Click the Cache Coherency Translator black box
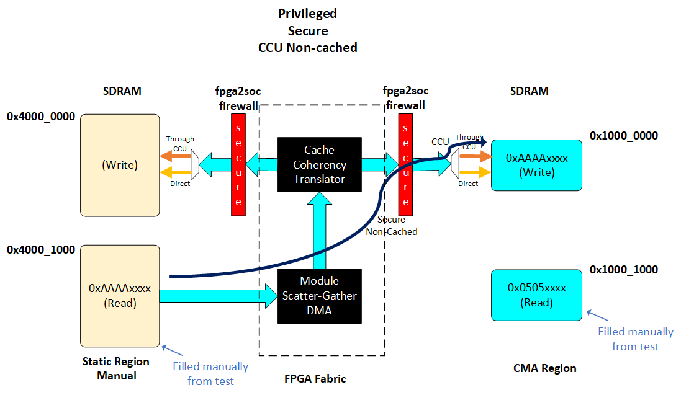(319, 164)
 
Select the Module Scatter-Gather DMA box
(319, 296)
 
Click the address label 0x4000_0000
(41, 117)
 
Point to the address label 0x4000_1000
(41, 250)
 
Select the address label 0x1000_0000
(624, 136)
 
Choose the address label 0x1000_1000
(624, 270)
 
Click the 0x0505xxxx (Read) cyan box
(536, 295)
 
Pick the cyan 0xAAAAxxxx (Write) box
(536, 165)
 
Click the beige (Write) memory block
(120, 166)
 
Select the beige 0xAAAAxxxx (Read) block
(120, 296)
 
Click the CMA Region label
(546, 368)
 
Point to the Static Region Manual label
(116, 368)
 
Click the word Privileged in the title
(308, 14)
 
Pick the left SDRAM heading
(122, 91)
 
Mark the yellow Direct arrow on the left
(176, 172)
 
